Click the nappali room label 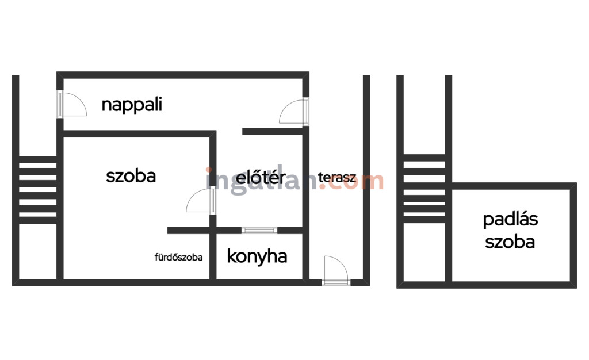pos(132,105)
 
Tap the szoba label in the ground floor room pos(131,176)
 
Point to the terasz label pos(337,177)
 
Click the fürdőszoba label pos(178,257)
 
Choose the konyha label pos(257,256)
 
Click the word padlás pos(511,220)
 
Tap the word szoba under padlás pos(510,242)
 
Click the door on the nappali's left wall pos(71,104)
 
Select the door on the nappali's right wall pos(294,111)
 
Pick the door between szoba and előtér pos(201,201)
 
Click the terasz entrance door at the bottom pos(336,270)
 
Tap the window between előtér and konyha pos(259,231)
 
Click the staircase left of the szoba pos(37,190)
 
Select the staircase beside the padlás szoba pos(424,189)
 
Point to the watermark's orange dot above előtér pos(208,170)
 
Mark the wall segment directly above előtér pos(273,131)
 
